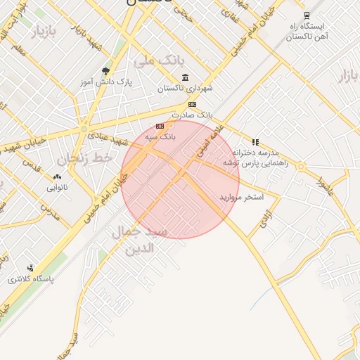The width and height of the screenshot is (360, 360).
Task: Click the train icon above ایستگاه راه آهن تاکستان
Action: point(306,15)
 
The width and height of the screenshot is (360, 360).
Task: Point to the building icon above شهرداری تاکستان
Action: point(185,77)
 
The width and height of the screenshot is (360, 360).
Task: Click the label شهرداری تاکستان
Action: point(185,89)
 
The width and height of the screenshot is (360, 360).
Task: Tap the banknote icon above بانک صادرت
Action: point(192,104)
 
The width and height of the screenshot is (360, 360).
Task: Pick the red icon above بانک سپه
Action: point(159,127)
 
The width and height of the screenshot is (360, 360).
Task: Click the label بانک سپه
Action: point(161,136)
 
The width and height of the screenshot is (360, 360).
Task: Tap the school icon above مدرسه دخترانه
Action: point(255,142)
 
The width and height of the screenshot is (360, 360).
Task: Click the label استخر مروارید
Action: point(240,196)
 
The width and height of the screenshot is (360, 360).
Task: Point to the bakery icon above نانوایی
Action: point(57,178)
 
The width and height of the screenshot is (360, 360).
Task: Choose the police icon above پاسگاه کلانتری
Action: point(30,268)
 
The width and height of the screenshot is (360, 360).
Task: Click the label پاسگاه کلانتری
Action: point(31,279)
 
